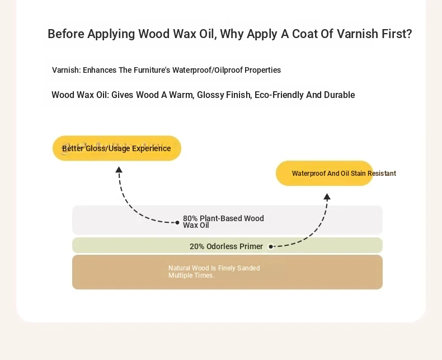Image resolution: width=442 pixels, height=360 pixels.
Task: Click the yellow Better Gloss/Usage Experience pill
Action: pyautogui.click(x=117, y=148)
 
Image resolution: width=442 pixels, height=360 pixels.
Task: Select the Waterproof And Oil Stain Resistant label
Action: pyautogui.click(x=344, y=173)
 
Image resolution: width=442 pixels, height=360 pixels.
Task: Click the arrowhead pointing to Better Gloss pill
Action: pyautogui.click(x=119, y=170)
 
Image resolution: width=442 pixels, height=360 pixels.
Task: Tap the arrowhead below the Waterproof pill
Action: pyautogui.click(x=327, y=197)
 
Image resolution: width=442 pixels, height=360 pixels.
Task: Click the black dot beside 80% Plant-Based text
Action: pyautogui.click(x=177, y=223)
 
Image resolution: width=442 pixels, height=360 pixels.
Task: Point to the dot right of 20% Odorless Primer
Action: pyautogui.click(x=271, y=246)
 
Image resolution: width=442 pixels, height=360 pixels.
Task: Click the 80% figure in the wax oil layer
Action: pyautogui.click(x=190, y=218)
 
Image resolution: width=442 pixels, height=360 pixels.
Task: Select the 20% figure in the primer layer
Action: pyautogui.click(x=197, y=246)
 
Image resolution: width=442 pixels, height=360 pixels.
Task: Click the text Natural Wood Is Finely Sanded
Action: pyautogui.click(x=214, y=268)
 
